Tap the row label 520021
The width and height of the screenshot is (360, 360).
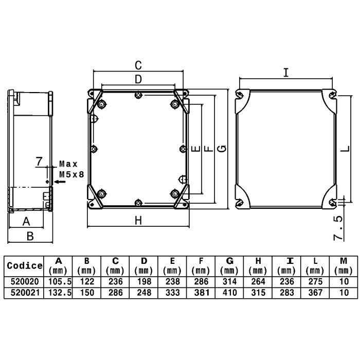coord(24,293)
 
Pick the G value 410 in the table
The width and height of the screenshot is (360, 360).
coord(229,293)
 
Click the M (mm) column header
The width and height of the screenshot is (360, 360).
coord(344,266)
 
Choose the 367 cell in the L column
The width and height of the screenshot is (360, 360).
coord(315,293)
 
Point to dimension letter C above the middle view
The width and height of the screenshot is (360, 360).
coord(138,65)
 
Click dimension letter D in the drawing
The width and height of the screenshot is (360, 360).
coord(138,79)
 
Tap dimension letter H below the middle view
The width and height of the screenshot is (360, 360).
coord(138,221)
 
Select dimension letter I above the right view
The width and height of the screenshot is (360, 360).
coord(286,73)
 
